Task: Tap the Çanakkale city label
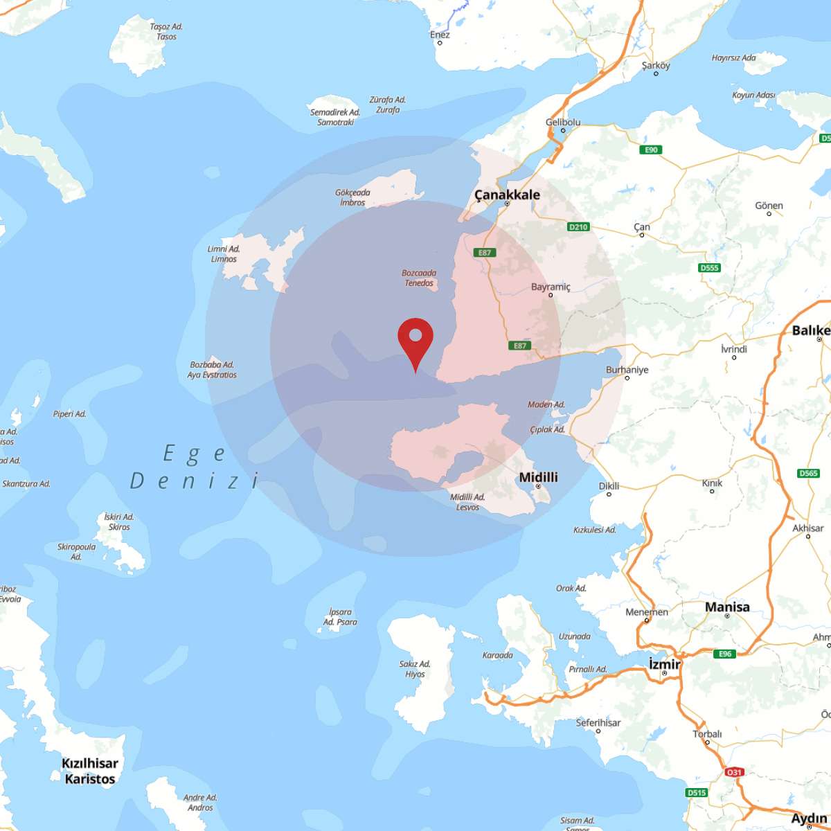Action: (x=507, y=195)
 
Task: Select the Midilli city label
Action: (x=538, y=477)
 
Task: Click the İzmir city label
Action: (x=664, y=663)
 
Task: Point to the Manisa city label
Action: (x=727, y=607)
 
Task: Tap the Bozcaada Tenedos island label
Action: (x=419, y=278)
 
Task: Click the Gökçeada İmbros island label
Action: (x=352, y=197)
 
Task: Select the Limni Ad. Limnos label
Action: (x=224, y=254)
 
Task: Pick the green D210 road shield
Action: (x=578, y=226)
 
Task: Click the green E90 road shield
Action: (x=652, y=150)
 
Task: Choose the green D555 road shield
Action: (x=709, y=267)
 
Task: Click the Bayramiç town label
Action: (x=551, y=287)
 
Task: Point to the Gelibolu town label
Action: (x=563, y=123)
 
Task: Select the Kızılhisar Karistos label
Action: (x=90, y=771)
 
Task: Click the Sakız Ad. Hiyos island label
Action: (x=415, y=669)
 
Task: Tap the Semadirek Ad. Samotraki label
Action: (x=335, y=117)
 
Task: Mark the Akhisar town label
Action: (x=808, y=528)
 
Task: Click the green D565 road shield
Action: (x=808, y=474)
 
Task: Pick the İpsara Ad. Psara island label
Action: (x=340, y=617)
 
